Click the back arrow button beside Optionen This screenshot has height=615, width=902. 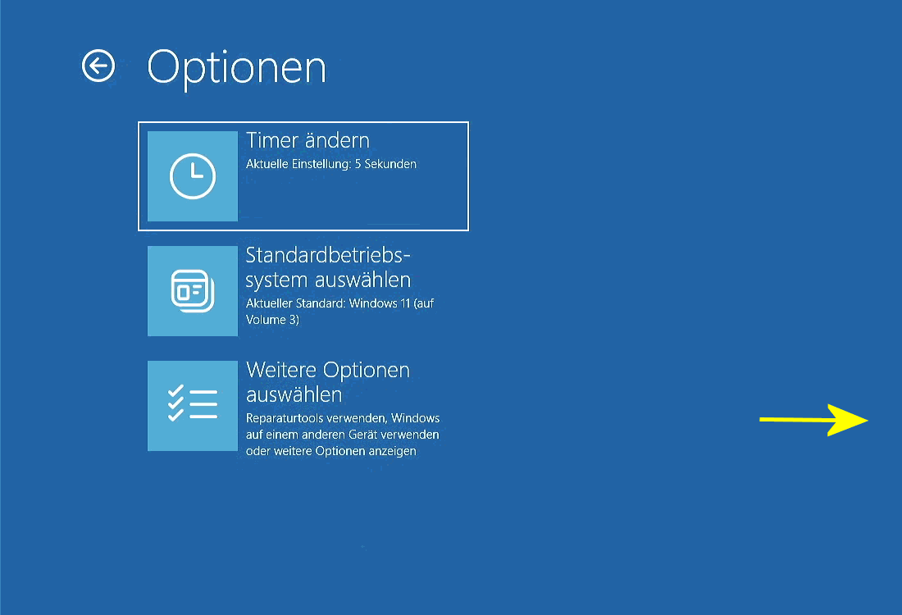click(98, 66)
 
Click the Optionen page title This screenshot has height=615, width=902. click(237, 68)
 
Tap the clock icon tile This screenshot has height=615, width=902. click(193, 176)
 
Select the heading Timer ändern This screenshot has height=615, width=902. click(307, 140)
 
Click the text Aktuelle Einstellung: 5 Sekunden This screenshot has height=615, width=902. click(331, 164)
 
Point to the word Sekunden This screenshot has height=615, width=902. click(390, 164)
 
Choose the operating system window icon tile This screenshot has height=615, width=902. click(193, 291)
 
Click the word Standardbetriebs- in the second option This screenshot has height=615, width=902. click(328, 255)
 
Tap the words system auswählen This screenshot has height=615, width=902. click(329, 280)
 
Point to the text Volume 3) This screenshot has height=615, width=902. click(273, 320)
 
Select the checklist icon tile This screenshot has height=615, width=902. click(193, 406)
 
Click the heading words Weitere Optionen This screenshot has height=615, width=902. click(328, 370)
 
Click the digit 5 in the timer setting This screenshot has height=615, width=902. click(358, 164)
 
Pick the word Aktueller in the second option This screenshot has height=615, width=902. click(269, 303)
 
